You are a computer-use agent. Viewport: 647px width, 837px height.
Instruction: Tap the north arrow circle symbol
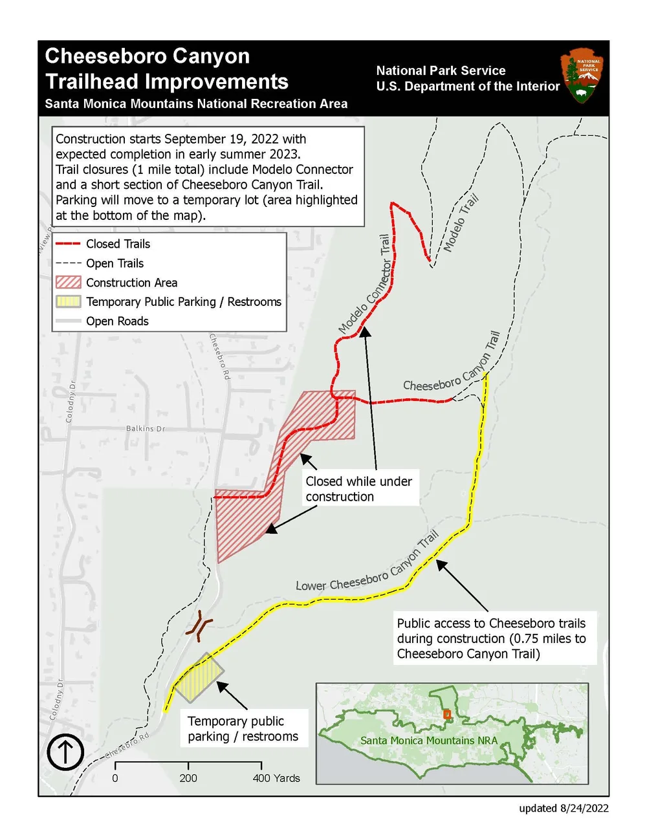[65, 752]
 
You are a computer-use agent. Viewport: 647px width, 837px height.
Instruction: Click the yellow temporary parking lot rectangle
[198, 678]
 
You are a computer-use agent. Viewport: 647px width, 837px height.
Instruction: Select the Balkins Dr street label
[145, 428]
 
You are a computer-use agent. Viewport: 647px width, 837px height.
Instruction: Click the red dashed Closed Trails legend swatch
[68, 244]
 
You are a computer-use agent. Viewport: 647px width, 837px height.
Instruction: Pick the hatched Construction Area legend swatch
[68, 283]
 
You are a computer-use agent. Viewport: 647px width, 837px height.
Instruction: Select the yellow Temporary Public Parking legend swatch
[68, 301]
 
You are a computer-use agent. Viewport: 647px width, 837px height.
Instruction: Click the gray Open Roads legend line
[68, 321]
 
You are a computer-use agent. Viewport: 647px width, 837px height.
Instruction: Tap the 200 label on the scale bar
[188, 778]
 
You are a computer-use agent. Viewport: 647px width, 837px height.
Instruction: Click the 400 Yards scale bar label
[276, 778]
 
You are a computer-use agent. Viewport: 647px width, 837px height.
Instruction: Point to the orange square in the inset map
[446, 714]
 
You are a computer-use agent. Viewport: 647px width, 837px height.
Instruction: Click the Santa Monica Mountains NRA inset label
[428, 741]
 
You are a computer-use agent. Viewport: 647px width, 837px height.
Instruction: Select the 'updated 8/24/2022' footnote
[563, 808]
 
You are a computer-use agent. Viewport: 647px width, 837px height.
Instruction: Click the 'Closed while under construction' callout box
[359, 489]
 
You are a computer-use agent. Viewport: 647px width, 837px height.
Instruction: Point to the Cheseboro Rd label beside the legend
[220, 356]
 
